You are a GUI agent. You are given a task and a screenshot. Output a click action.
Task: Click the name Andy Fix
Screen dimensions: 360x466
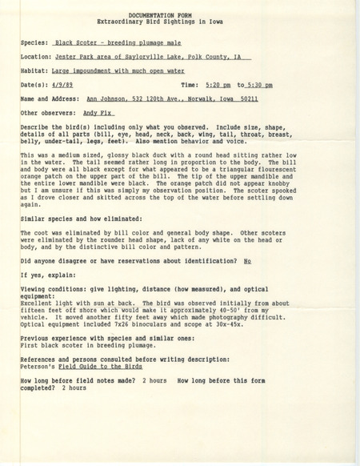[x=94, y=113]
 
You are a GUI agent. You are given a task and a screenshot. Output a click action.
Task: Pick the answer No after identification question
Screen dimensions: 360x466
[x=247, y=261]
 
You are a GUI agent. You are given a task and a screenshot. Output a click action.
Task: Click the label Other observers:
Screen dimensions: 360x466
[x=49, y=113]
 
